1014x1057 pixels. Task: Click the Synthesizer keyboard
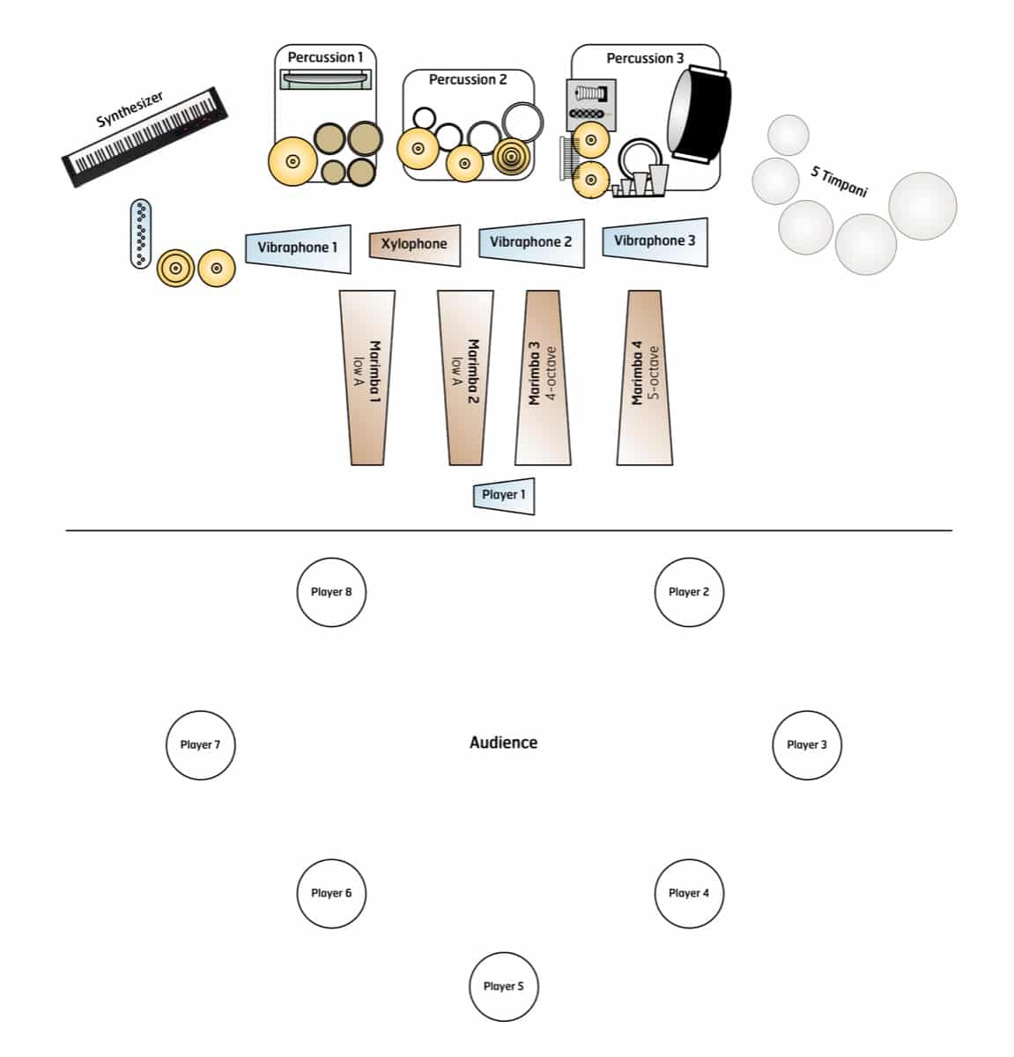point(144,137)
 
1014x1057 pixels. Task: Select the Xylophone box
point(415,245)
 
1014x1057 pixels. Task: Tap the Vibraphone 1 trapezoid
point(298,248)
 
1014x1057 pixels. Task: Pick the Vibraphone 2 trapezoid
point(532,243)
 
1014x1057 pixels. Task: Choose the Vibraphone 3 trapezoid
point(655,241)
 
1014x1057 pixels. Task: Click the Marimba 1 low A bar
point(367,378)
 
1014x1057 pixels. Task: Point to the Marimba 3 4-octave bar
point(543,378)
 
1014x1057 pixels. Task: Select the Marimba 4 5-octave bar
point(645,378)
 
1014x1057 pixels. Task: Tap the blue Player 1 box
point(504,496)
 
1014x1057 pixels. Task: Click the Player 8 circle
point(331,592)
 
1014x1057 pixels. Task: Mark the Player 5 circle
point(503,987)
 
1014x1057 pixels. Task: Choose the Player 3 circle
point(806,745)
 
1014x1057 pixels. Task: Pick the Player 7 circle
point(200,745)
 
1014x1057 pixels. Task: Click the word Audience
point(503,743)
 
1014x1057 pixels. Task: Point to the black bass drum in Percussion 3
point(699,114)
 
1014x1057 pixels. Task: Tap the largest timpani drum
point(922,206)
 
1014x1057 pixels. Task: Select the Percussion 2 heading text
point(468,80)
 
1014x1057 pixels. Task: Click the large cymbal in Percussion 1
point(292,161)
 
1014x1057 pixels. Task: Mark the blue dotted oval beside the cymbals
point(141,233)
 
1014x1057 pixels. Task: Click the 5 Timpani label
point(839,181)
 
